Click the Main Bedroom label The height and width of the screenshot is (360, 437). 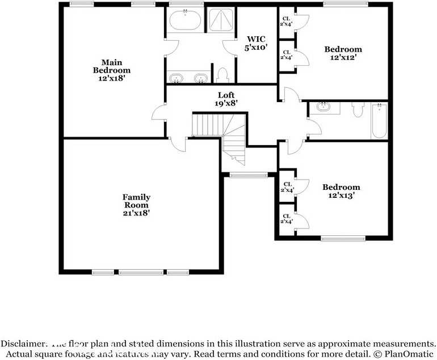(108, 70)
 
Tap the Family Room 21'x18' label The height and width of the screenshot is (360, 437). (136, 205)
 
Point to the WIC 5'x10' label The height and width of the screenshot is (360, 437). (255, 44)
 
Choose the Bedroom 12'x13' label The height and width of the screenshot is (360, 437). (341, 191)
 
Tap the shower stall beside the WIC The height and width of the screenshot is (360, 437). (219, 20)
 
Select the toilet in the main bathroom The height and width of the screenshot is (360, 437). (222, 75)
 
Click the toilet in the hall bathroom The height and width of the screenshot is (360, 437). (357, 110)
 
